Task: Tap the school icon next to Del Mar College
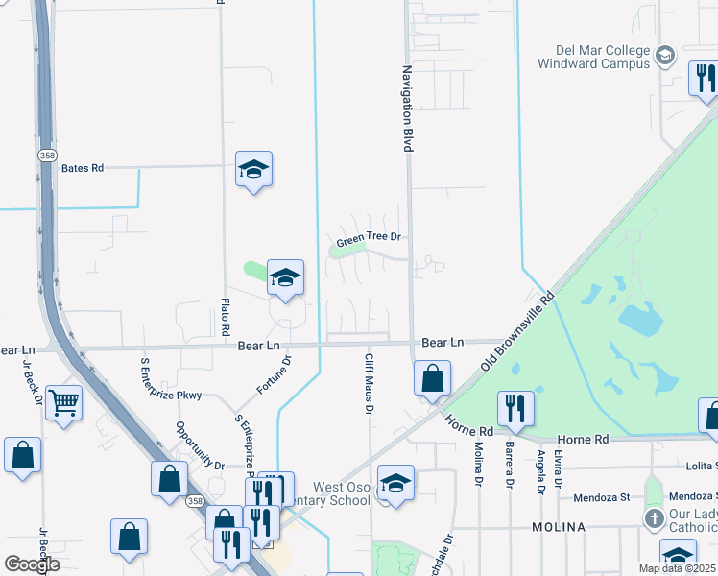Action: (x=665, y=56)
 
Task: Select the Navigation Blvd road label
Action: (x=407, y=108)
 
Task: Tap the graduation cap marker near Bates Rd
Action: (x=253, y=170)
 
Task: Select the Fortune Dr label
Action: (x=275, y=375)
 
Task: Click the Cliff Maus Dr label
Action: (x=368, y=383)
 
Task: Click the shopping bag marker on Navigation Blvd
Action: (x=433, y=378)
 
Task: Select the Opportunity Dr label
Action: (x=199, y=445)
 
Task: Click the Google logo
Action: (x=33, y=564)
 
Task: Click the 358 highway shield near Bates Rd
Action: (x=46, y=156)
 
